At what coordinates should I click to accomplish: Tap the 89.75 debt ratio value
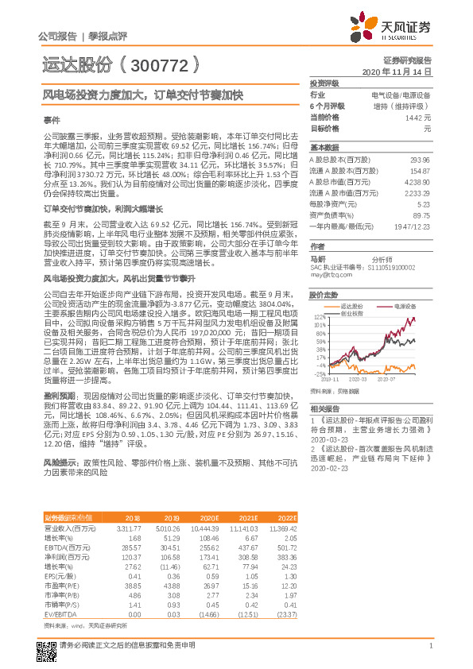click(421, 215)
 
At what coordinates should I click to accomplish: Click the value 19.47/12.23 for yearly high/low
click(412, 226)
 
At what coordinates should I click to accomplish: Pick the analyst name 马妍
click(318, 258)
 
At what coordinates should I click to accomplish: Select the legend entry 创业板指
click(355, 312)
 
